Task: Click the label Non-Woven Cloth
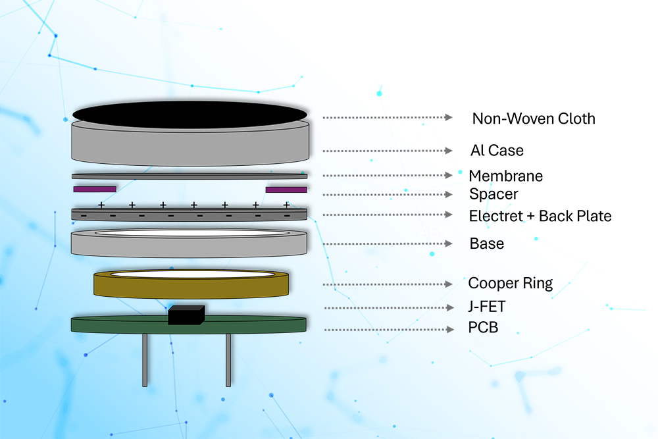[534, 119]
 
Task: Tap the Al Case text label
[497, 151]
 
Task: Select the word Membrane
[505, 176]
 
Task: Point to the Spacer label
[493, 195]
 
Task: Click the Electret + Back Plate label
[540, 216]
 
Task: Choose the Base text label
[487, 244]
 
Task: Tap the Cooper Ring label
[510, 284]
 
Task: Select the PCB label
[483, 327]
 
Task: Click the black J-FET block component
[187, 315]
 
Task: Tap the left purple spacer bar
[95, 190]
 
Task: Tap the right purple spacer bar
[286, 190]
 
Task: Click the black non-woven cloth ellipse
[190, 114]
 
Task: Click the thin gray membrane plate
[190, 176]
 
